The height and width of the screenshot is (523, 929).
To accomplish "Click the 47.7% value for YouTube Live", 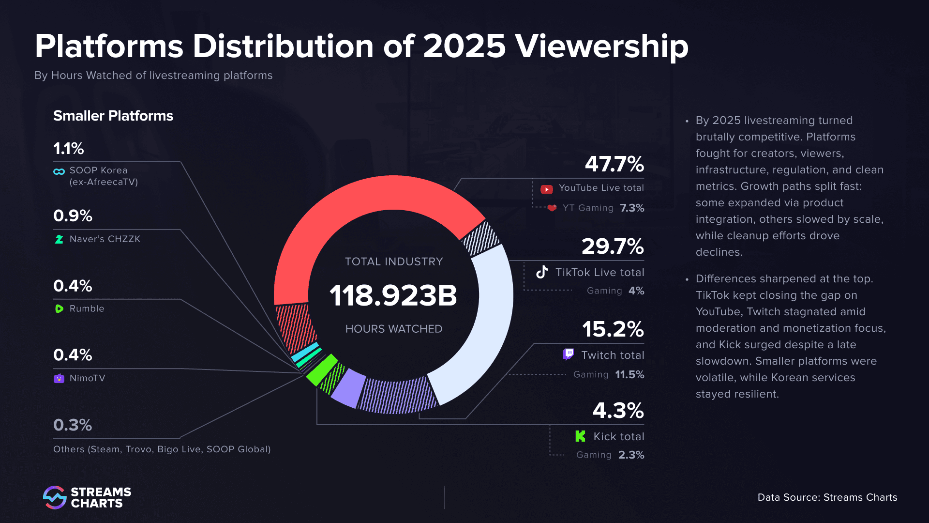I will pyautogui.click(x=614, y=164).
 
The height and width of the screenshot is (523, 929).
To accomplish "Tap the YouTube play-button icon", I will pyautogui.click(x=546, y=189).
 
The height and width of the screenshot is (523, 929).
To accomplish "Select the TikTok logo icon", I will pyautogui.click(x=542, y=272).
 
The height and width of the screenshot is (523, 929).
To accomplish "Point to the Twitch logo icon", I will pyautogui.click(x=568, y=354).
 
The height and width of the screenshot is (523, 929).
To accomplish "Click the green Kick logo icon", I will pyautogui.click(x=580, y=436).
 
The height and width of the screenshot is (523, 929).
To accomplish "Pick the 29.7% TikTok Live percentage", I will pyautogui.click(x=613, y=246).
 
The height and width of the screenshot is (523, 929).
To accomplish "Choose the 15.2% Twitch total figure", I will pyautogui.click(x=613, y=329).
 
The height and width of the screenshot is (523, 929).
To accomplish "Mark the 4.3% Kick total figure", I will pyautogui.click(x=618, y=411).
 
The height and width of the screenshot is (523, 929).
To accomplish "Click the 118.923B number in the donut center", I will pyautogui.click(x=393, y=295).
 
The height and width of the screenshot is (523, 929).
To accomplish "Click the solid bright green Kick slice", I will pyautogui.click(x=321, y=369).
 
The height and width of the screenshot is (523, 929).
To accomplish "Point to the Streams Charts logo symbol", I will pyautogui.click(x=54, y=497).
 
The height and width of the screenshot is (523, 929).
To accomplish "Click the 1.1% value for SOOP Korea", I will pyautogui.click(x=68, y=149).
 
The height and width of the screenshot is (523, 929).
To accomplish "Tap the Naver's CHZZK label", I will pyautogui.click(x=105, y=239).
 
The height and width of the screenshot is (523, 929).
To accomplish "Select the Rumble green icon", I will pyautogui.click(x=59, y=309).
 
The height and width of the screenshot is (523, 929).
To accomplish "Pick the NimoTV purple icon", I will pyautogui.click(x=59, y=378).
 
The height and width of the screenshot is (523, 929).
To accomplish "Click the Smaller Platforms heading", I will pyautogui.click(x=113, y=116).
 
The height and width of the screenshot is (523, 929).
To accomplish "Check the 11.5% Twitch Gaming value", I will pyautogui.click(x=629, y=375).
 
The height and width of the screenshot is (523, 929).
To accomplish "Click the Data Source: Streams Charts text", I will pyautogui.click(x=827, y=497).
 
